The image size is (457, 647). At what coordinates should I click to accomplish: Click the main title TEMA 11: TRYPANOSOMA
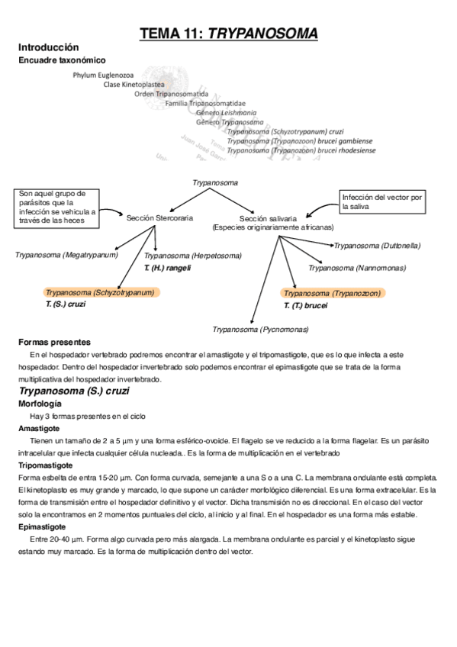(228, 33)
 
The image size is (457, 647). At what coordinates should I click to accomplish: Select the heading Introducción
(48, 47)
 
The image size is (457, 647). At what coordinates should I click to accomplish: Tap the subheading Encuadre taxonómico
(62, 60)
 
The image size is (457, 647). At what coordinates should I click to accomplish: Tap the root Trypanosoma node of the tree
(216, 183)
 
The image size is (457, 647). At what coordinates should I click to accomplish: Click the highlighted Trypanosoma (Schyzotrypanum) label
(100, 292)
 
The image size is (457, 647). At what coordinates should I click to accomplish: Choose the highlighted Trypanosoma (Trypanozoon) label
(333, 293)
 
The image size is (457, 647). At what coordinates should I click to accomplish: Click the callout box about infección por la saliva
(381, 201)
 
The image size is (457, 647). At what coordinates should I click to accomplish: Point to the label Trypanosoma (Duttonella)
(377, 246)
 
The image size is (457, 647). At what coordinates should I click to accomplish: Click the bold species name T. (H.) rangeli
(167, 268)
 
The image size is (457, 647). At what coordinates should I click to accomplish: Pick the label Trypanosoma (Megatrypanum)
(66, 254)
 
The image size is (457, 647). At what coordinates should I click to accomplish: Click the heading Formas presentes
(54, 342)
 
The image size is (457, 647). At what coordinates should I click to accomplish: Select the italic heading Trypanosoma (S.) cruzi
(73, 391)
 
